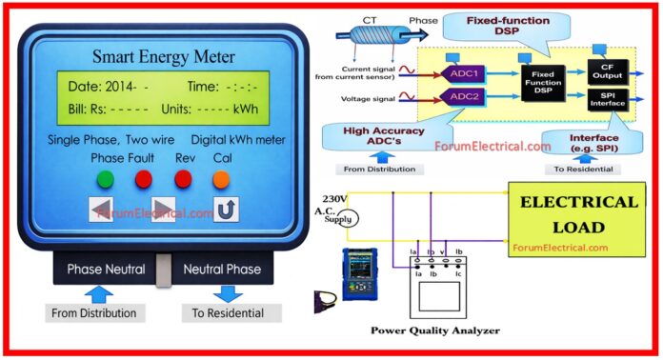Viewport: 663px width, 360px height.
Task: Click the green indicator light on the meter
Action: point(106,178)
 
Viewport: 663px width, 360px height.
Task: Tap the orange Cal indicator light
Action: point(221,178)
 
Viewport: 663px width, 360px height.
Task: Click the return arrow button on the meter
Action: point(225,210)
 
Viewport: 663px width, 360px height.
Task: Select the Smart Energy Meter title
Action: point(163,55)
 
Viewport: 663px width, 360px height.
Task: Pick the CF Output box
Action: point(602,72)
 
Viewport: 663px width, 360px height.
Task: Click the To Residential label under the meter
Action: point(231,312)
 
